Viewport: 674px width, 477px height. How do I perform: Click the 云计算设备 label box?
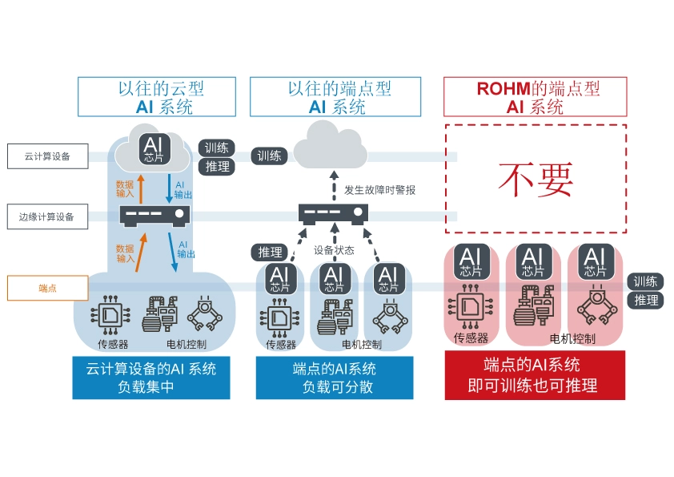47,156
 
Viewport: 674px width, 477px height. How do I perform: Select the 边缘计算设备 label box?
47,216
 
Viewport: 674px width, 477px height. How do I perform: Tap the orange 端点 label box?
47,288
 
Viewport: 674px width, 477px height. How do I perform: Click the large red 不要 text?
536,180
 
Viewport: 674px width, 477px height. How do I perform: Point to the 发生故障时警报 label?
380,190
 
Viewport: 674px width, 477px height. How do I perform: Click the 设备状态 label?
334,250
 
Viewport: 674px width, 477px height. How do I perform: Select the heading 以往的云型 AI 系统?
156,97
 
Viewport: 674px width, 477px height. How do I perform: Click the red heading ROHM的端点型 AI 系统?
536,97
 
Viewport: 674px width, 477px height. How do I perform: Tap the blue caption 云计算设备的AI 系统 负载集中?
150,378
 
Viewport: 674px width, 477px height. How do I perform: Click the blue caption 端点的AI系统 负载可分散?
335,378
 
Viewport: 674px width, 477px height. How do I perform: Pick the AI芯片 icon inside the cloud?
152,150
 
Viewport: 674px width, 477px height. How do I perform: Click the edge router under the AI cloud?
155,214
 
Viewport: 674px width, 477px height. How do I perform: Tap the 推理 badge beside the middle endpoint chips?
270,253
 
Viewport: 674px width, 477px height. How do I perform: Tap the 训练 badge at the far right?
645,281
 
